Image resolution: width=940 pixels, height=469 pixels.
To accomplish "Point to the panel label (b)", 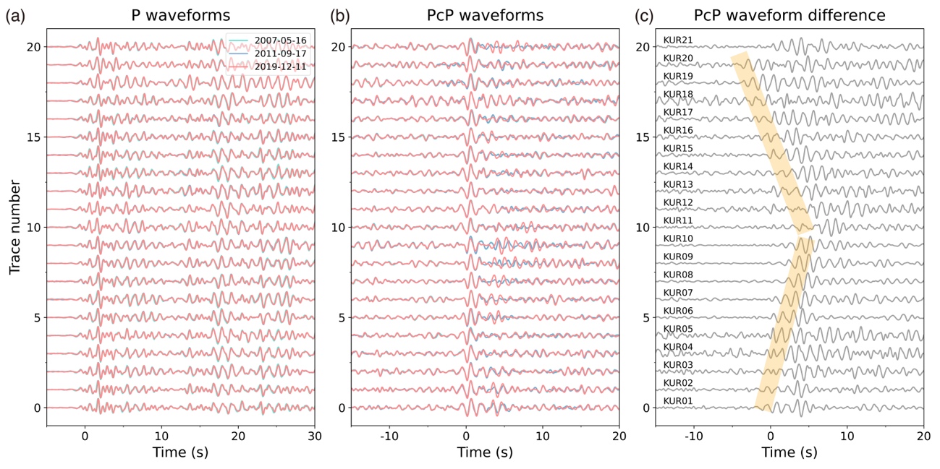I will tap(342, 15).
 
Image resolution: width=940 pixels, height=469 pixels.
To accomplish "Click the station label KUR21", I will tap(678, 40).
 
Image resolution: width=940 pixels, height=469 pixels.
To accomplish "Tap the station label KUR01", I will tap(678, 401).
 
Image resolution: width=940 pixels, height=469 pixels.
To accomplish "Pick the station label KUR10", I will tap(678, 238).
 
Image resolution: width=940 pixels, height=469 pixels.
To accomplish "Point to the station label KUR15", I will tap(678, 148).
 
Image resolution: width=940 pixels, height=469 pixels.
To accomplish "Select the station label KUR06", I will tap(678, 311).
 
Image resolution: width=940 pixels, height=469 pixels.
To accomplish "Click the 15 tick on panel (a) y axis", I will tap(34, 137).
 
